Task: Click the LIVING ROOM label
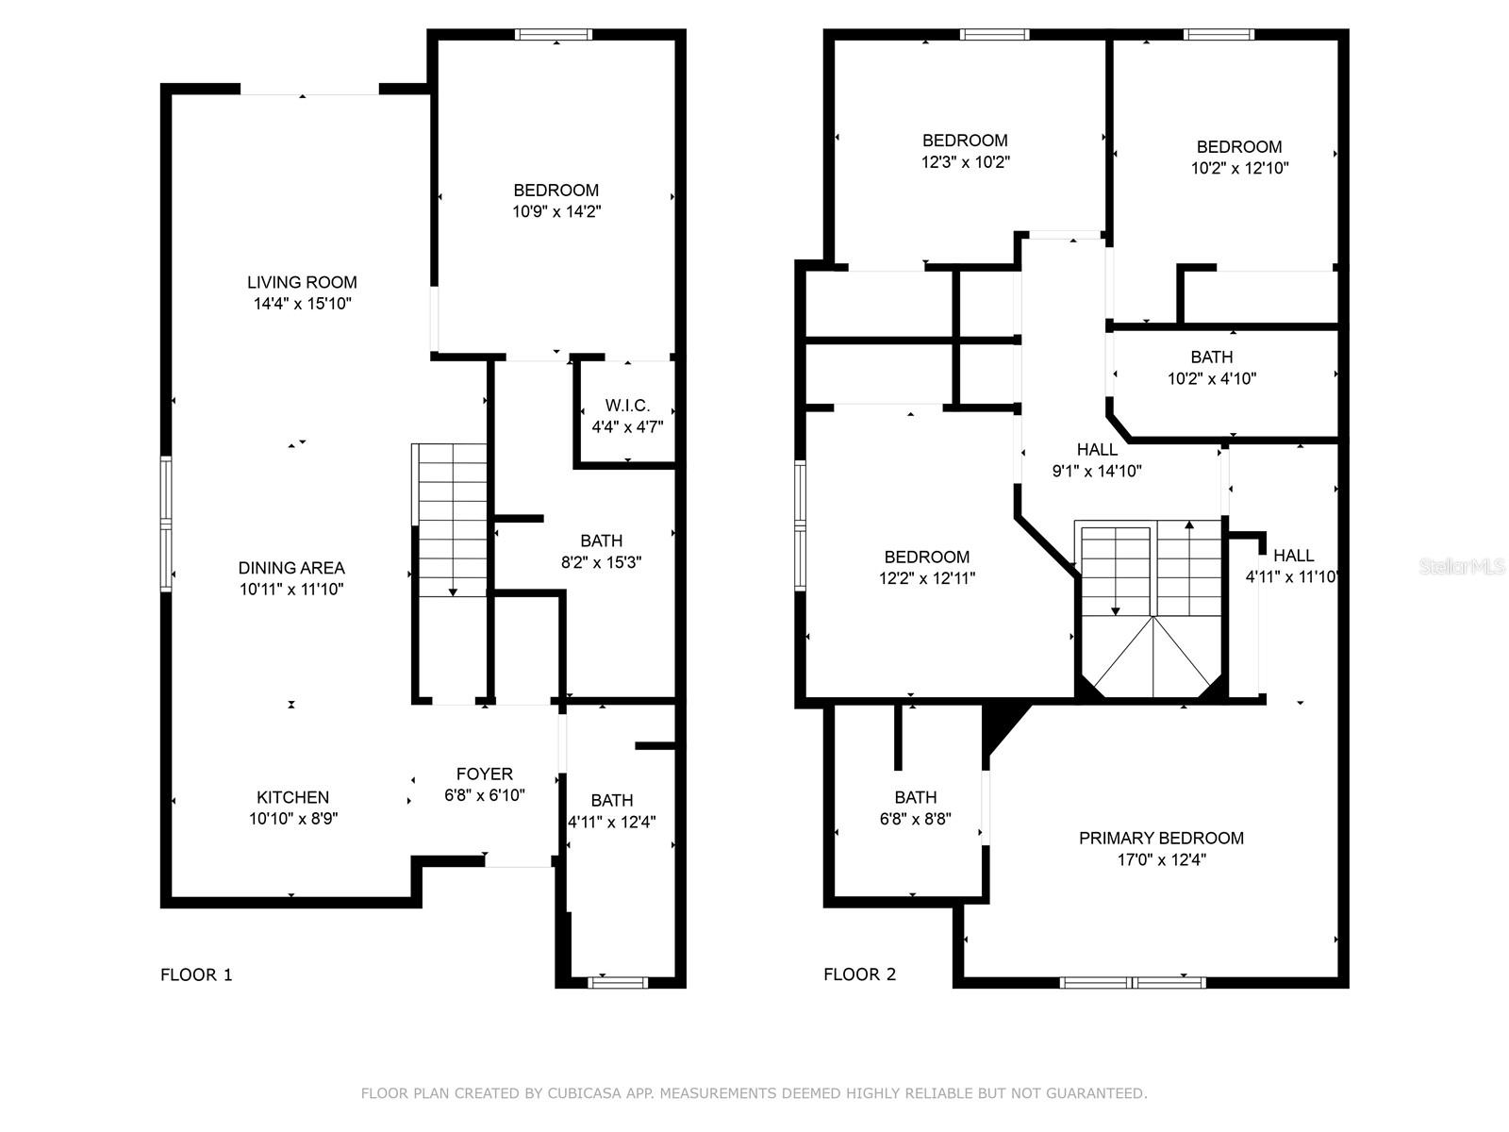[x=302, y=282]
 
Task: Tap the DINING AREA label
[x=291, y=568]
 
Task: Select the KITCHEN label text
[x=293, y=797]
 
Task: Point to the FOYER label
[x=485, y=774]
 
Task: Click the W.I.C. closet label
[x=628, y=405]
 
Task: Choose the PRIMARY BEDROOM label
[x=1161, y=838]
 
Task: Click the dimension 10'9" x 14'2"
[x=556, y=211]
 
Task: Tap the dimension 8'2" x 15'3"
[x=602, y=562]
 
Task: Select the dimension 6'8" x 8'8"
[x=916, y=819]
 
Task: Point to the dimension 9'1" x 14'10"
[x=1097, y=471]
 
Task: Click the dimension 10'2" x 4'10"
[x=1212, y=378]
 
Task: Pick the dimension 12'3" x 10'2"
[x=965, y=162]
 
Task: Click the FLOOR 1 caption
[x=196, y=974]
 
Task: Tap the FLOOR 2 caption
[x=860, y=974]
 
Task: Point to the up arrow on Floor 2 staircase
[x=1189, y=568]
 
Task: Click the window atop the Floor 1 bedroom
[x=555, y=34]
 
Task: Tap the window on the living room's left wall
[x=166, y=524]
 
